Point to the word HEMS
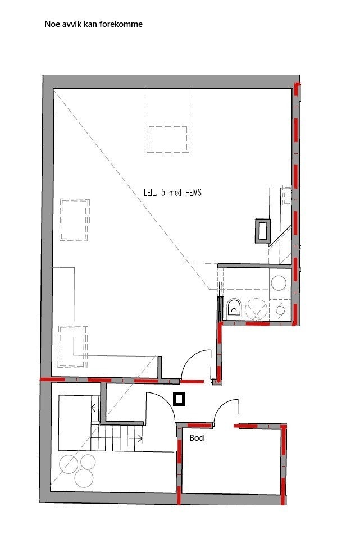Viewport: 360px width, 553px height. [x=192, y=193]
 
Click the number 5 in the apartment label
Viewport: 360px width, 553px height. [x=163, y=193]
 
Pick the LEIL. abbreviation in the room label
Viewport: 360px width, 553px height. [x=151, y=193]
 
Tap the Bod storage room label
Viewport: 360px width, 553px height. [x=196, y=438]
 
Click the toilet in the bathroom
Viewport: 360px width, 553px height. [x=234, y=307]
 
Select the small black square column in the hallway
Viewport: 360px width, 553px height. [x=179, y=399]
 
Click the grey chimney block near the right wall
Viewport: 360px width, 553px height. [x=263, y=230]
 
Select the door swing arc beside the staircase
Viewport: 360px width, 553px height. [x=161, y=405]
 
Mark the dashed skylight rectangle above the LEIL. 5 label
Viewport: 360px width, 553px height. [x=167, y=139]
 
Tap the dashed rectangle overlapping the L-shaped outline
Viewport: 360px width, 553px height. [x=74, y=346]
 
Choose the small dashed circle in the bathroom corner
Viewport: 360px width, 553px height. [x=280, y=309]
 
